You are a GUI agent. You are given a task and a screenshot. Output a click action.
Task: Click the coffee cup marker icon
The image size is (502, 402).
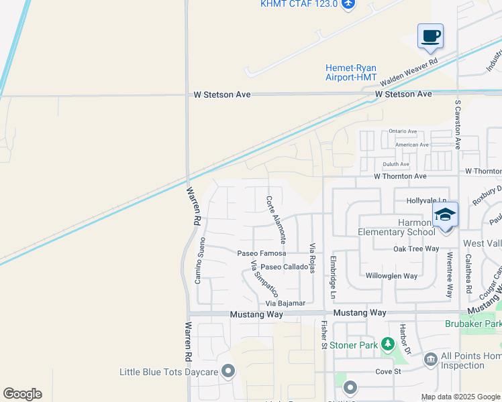pos(430,36)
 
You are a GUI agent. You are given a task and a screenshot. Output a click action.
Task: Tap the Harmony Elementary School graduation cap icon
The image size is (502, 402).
pos(445,216)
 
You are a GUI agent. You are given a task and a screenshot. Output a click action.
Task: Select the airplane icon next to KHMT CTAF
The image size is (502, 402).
pos(348,4)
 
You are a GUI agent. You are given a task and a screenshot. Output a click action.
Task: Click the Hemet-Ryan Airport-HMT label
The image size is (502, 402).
pos(351,72)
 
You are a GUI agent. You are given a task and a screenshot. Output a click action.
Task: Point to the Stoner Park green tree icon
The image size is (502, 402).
pos(387,344)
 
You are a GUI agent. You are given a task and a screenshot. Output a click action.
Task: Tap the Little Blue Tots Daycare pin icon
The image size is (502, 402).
pos(229,371)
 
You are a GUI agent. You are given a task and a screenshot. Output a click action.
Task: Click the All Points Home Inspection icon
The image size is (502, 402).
pos(430,360)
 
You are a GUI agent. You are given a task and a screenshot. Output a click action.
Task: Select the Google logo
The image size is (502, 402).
pos(22,394)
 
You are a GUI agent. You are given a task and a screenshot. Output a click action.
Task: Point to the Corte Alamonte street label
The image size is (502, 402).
pos(277,218)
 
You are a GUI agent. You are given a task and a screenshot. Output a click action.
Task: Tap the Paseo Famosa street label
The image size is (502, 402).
pos(262,253)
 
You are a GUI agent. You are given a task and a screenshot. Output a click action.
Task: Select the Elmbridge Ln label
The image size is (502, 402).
pos(332,275)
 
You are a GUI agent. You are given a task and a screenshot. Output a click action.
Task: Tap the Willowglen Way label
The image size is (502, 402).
pos(391,276)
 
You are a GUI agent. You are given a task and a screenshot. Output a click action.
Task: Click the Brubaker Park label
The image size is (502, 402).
pos(473,324)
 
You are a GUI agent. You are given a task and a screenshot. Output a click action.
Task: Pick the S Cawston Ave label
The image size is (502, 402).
pos(458,125)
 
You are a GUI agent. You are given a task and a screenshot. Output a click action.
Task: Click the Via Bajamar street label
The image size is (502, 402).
pos(285,304)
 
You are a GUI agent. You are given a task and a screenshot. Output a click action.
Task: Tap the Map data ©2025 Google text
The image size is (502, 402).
pos(460,397)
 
